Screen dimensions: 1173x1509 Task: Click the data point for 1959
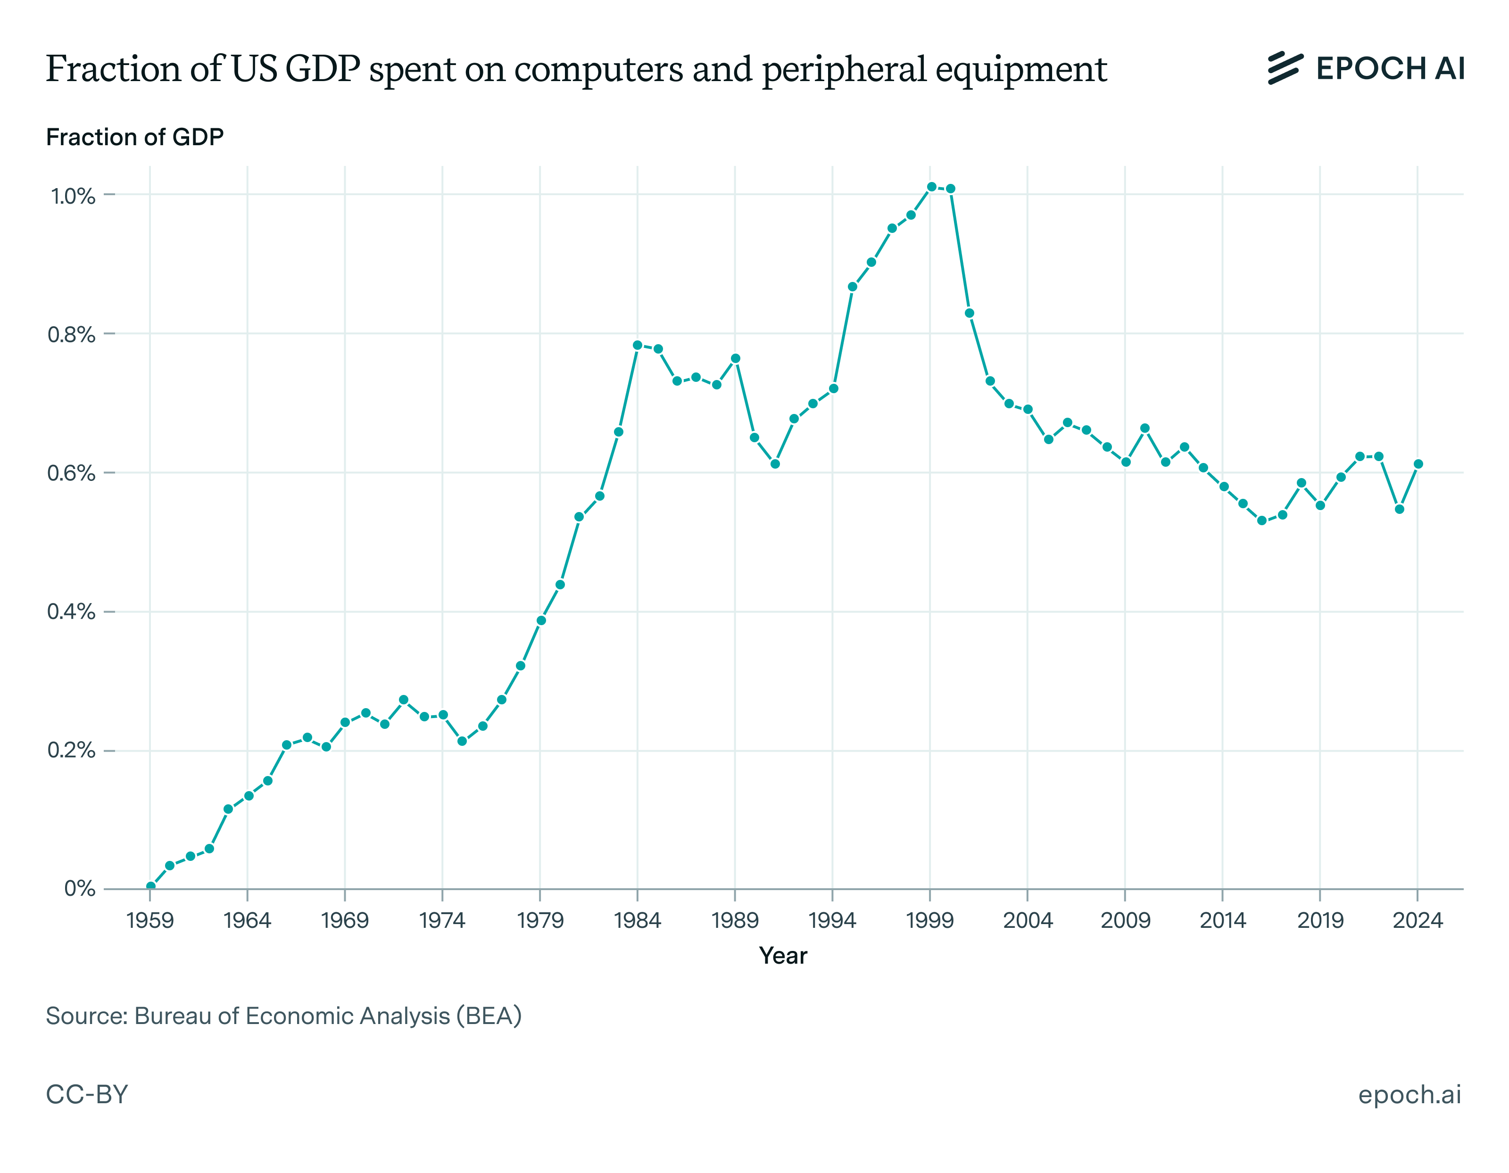pyautogui.click(x=150, y=886)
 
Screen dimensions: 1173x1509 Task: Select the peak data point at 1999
pyautogui.click(x=931, y=187)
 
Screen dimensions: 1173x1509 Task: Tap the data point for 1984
pyautogui.click(x=638, y=345)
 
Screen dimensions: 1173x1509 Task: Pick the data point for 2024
pyautogui.click(x=1418, y=464)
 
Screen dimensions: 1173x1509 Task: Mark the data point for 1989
pyautogui.click(x=736, y=358)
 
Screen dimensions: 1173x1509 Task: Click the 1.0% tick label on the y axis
pyautogui.click(x=73, y=196)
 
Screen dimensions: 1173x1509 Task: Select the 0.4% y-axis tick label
pyautogui.click(x=71, y=612)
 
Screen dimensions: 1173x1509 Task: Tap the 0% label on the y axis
pyautogui.click(x=79, y=889)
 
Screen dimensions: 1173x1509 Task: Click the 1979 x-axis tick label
pyautogui.click(x=540, y=921)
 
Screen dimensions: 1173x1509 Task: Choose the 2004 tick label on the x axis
pyautogui.click(x=1028, y=921)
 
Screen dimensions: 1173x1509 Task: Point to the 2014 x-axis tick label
pyautogui.click(x=1222, y=921)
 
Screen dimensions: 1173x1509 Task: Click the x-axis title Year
pyautogui.click(x=783, y=956)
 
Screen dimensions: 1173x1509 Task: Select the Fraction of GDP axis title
pyautogui.click(x=135, y=138)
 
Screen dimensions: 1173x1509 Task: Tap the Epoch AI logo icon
pyautogui.click(x=1285, y=68)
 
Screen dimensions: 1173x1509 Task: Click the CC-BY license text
pyautogui.click(x=87, y=1095)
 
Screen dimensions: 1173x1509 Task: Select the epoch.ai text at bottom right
pyautogui.click(x=1410, y=1095)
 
